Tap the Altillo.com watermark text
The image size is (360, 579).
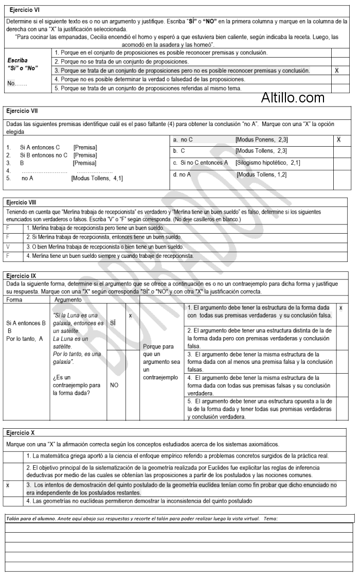click(x=293, y=97)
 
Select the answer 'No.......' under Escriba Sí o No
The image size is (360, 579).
click(x=17, y=83)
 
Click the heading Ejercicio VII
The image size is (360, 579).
click(x=25, y=110)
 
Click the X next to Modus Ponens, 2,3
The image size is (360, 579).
click(x=338, y=139)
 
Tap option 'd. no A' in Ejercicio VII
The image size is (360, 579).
click(x=182, y=174)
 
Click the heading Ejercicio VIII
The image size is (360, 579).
click(x=26, y=202)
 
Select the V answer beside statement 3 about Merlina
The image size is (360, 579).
click(x=8, y=246)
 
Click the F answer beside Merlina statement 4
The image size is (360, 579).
click(x=8, y=255)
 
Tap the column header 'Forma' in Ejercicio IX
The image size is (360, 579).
click(x=14, y=299)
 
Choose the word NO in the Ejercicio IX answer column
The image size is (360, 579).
click(x=115, y=384)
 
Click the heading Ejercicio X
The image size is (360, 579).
click(x=23, y=433)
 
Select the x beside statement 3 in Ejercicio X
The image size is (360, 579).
click(x=8, y=484)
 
